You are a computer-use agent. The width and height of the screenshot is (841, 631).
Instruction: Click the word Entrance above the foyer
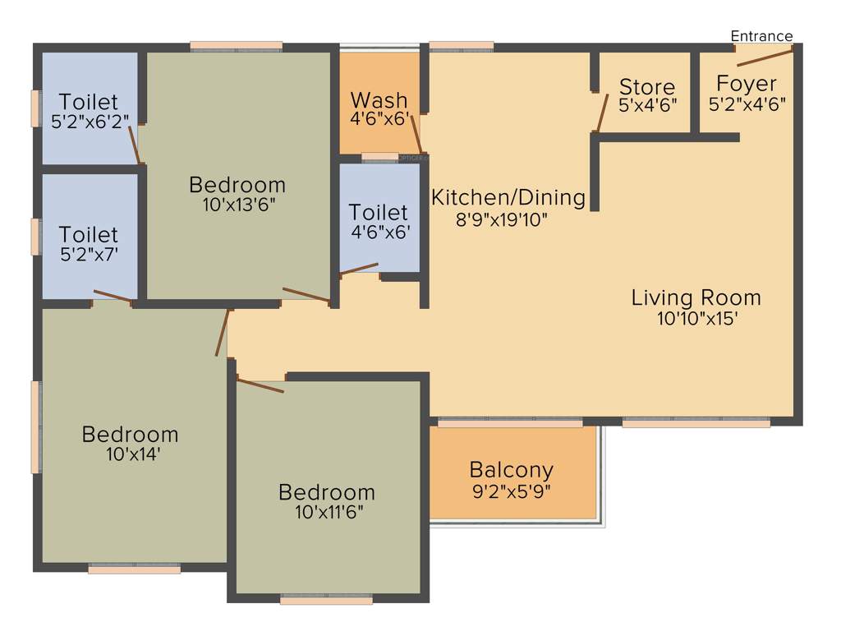point(761,36)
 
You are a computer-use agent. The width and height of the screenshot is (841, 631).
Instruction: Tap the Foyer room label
point(747,84)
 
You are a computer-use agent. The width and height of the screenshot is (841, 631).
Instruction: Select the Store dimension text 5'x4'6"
point(647,104)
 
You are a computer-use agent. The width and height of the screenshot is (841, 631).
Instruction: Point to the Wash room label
point(379,100)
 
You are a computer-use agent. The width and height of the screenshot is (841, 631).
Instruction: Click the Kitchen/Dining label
point(508,198)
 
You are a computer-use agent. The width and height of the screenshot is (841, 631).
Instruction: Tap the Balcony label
point(511,471)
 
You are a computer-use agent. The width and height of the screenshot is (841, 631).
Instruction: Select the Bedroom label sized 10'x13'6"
point(237,184)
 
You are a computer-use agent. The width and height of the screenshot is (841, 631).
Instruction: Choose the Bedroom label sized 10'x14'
point(130,434)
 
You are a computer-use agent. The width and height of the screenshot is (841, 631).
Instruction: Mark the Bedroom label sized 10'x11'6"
point(326,492)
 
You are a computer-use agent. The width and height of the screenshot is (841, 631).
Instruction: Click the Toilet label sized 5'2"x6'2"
point(89,103)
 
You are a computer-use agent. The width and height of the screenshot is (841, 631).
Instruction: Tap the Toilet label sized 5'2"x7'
point(89,235)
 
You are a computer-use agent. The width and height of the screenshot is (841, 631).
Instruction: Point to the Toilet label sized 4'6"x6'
point(378,212)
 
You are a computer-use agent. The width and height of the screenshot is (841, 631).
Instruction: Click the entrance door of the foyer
point(765,55)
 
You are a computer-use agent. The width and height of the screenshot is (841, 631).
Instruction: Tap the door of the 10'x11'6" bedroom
point(260,385)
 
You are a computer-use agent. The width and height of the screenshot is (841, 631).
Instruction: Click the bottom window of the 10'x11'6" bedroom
point(326,601)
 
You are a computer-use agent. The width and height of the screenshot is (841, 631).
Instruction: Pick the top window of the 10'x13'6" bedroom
point(237,46)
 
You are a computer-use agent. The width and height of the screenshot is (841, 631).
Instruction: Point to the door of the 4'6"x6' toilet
point(359,269)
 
